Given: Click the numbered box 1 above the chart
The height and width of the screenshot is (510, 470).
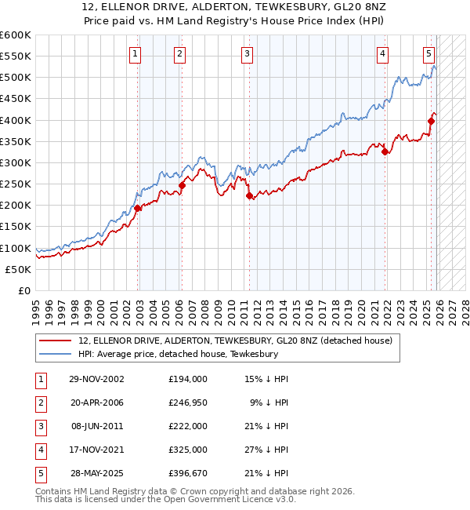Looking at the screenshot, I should tap(136, 54).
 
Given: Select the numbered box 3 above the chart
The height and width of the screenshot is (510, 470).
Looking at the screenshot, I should tap(247, 54).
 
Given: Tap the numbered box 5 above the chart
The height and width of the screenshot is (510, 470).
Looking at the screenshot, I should tap(429, 54).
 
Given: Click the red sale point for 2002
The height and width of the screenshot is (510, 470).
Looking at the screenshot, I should tap(138, 208).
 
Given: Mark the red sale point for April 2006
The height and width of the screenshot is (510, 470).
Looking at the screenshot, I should tap(182, 185).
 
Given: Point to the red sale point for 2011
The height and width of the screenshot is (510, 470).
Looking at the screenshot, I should tap(249, 196).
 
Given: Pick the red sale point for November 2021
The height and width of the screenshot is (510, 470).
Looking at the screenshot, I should tap(385, 152).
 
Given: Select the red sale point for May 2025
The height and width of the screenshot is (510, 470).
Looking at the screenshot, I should tap(431, 121).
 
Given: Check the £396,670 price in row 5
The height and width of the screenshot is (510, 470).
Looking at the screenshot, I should tap(187, 473).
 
